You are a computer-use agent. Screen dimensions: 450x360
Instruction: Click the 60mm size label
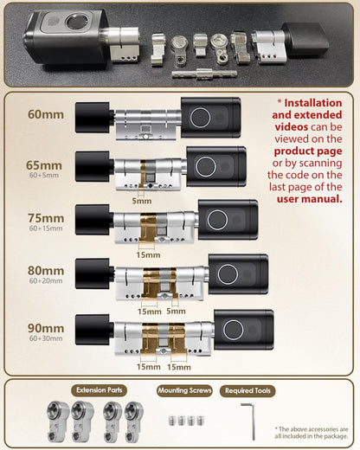(45, 114)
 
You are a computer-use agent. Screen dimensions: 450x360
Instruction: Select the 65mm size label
(45, 164)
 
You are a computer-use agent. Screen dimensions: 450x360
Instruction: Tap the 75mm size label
(45, 217)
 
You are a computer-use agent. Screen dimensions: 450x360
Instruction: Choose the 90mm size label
(45, 328)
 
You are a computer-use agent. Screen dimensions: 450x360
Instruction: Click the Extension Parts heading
(100, 391)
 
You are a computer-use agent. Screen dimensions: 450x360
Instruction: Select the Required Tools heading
(247, 391)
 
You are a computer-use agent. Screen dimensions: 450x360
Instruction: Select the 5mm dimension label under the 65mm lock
(140, 200)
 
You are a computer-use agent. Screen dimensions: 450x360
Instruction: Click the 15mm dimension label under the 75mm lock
(148, 254)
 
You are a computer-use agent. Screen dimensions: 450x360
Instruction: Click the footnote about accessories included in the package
(312, 432)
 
